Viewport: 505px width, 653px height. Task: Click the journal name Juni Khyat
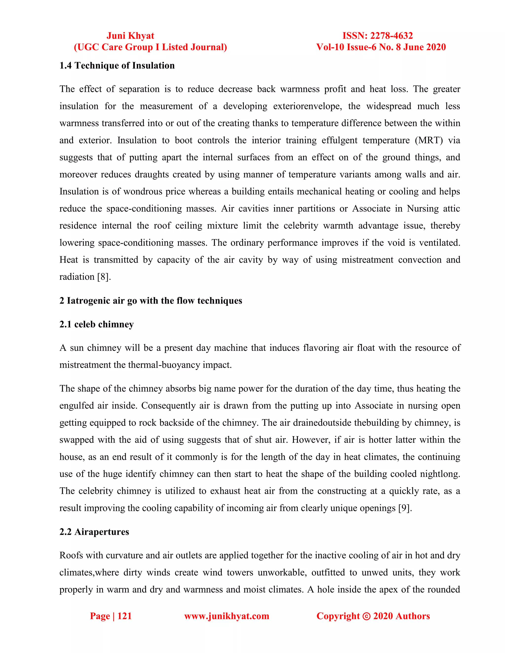click(130, 36)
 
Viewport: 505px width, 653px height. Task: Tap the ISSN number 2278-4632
click(391, 36)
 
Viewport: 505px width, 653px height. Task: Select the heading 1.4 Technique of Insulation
click(117, 66)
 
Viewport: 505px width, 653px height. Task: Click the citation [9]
click(405, 508)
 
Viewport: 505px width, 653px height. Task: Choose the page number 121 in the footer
click(125, 616)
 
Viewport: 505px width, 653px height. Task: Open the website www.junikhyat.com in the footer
click(227, 616)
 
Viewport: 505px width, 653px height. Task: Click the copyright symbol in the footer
click(366, 616)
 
